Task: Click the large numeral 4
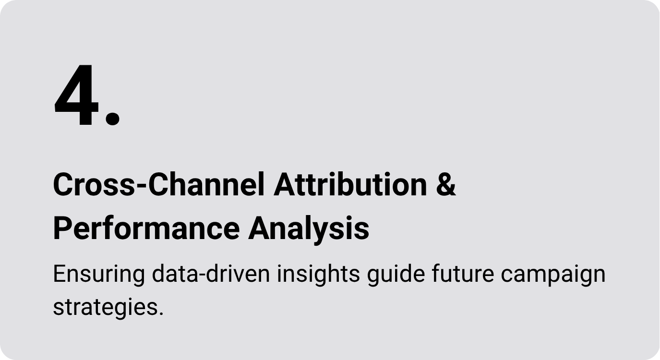click(x=76, y=95)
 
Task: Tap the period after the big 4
click(x=112, y=119)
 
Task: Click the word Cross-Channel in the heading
click(x=158, y=184)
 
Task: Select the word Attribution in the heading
click(x=350, y=184)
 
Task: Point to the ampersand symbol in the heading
click(x=446, y=184)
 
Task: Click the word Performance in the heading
click(x=146, y=228)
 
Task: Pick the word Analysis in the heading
click(x=309, y=228)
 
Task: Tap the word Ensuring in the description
click(x=99, y=275)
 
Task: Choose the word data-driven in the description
click(x=211, y=274)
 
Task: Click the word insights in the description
click(x=318, y=275)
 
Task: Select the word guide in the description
click(x=396, y=275)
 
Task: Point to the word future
click(x=463, y=274)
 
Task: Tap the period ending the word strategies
click(x=161, y=314)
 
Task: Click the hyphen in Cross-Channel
click(x=142, y=186)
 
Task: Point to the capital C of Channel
click(x=159, y=184)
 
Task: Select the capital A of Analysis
click(x=260, y=228)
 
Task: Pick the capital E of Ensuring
click(x=60, y=274)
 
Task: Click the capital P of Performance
click(x=63, y=228)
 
